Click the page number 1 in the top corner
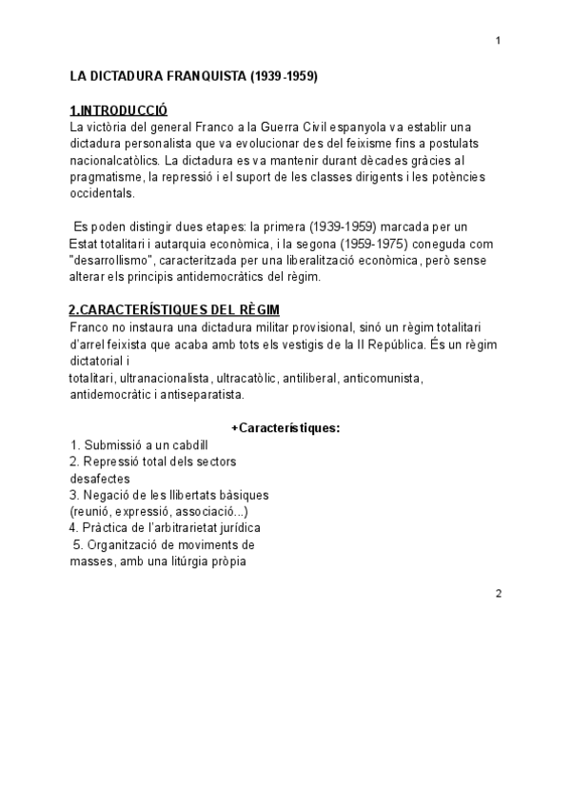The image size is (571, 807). click(x=498, y=40)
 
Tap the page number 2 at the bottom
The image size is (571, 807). click(x=498, y=593)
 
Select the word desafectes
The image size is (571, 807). click(x=100, y=478)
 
